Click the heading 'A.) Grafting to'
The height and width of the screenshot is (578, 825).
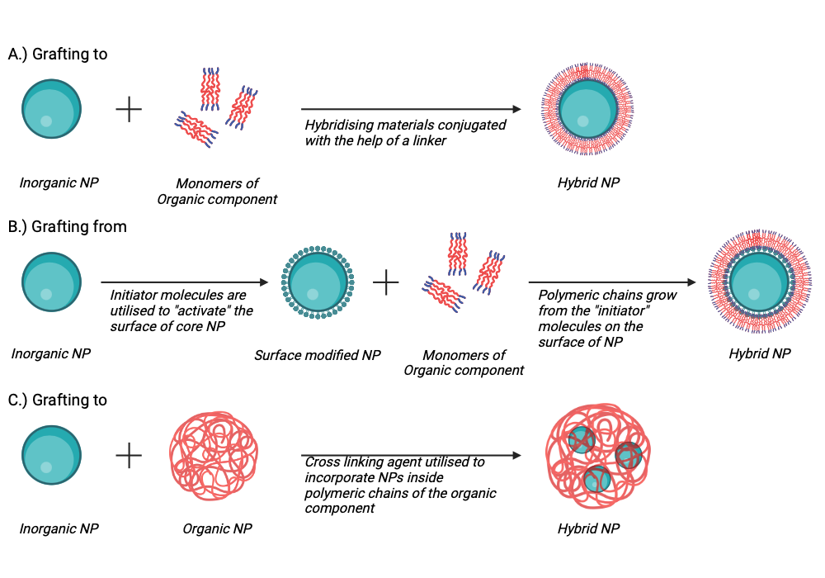pos(58,54)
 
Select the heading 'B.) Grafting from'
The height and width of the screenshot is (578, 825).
pos(68,227)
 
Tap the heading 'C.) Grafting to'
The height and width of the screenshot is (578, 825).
pos(58,400)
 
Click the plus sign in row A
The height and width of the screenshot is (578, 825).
pos(129,110)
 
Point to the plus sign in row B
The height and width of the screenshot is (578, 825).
pos(385,282)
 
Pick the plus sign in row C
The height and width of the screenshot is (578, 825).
pos(129,455)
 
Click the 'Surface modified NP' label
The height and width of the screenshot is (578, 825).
pos(318,355)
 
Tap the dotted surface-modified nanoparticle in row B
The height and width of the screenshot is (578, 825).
pos(318,282)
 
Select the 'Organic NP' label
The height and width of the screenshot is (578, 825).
pos(217,528)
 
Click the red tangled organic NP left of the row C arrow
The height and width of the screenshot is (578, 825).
pos(214,456)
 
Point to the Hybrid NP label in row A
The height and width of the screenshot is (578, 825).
pos(589,182)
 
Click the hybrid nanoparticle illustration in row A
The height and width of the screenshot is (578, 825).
pos(587,109)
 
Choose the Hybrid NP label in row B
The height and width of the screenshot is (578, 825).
pos(760,353)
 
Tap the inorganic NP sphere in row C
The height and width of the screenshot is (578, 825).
pos(51,455)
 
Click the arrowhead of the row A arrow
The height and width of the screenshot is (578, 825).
pos(516,109)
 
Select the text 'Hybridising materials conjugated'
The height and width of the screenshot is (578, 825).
pos(405,126)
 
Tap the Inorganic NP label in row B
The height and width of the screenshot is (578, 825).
pos(51,353)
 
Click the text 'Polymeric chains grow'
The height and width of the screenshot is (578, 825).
pos(607,296)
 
